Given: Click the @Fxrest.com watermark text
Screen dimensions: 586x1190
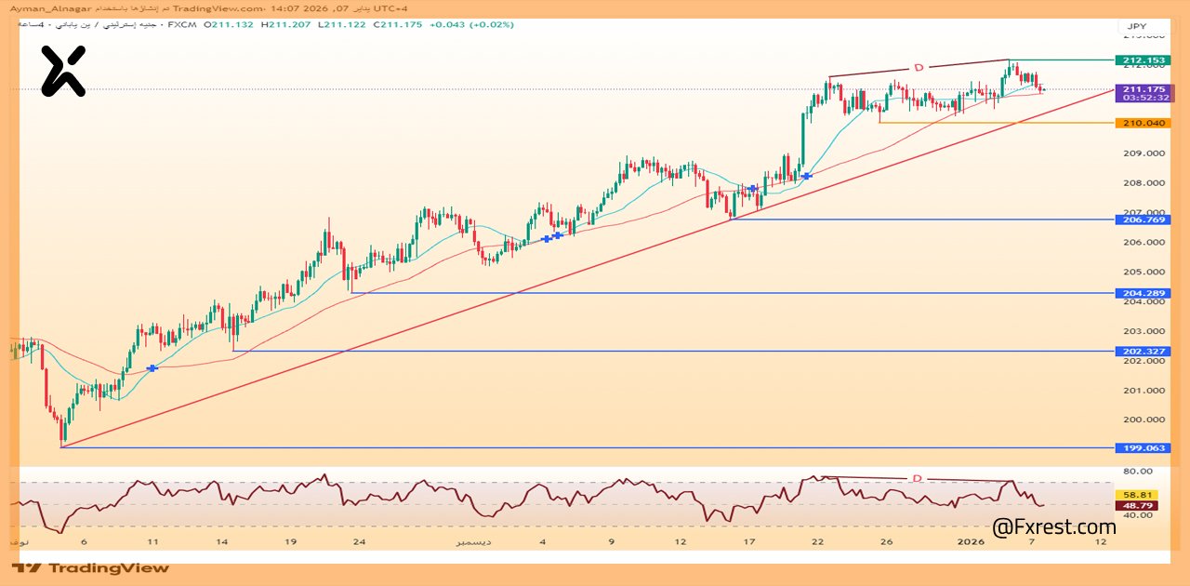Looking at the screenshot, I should pyautogui.click(x=1053, y=527).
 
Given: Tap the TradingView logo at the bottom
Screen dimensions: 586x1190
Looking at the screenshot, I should pyautogui.click(x=91, y=567).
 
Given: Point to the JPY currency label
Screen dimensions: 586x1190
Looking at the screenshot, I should pyautogui.click(x=1137, y=26).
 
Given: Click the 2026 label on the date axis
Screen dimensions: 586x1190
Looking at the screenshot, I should pyautogui.click(x=971, y=541).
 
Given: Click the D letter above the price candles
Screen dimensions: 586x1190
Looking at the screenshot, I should pyautogui.click(x=919, y=67).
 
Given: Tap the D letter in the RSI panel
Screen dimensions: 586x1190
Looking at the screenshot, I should pyautogui.click(x=917, y=478).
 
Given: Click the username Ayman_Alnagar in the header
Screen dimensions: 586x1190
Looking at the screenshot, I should pyautogui.click(x=45, y=8).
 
